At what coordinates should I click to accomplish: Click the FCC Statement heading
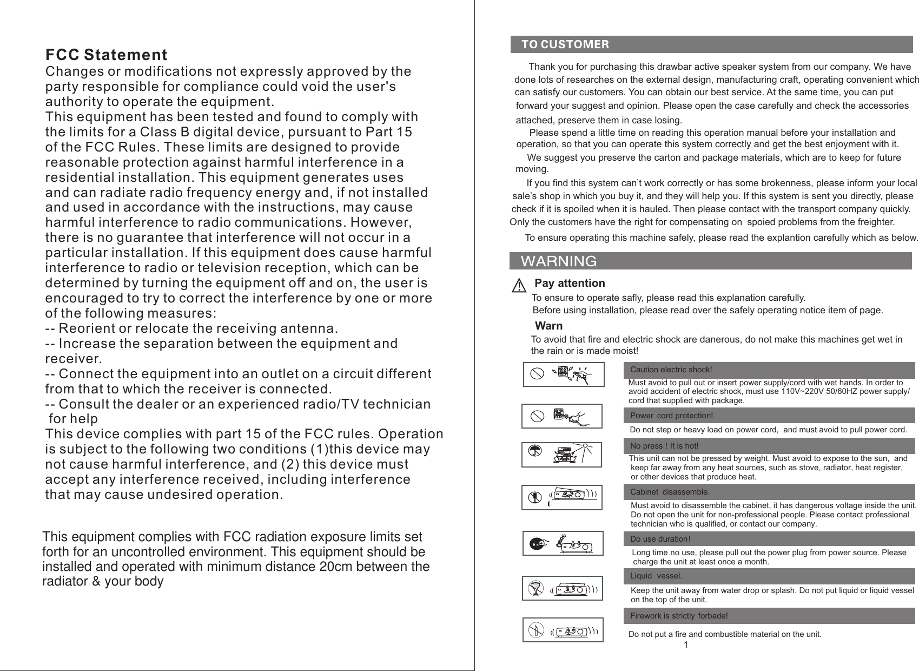[106, 55]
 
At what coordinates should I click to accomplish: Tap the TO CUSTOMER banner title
[565, 44]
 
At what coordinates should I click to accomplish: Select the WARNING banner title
[558, 261]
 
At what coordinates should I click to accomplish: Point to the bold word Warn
[548, 326]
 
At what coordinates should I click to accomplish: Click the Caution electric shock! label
[671, 370]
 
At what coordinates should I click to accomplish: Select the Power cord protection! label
[671, 416]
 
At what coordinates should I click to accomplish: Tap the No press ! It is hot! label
[664, 446]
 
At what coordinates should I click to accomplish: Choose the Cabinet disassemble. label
[670, 492]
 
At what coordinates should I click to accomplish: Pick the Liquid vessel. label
[656, 576]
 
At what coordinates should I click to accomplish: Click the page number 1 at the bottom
[685, 645]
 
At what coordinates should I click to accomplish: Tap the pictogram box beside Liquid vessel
[563, 588]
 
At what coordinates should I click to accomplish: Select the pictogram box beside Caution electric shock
[564, 374]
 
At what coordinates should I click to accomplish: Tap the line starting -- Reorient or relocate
[191, 328]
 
